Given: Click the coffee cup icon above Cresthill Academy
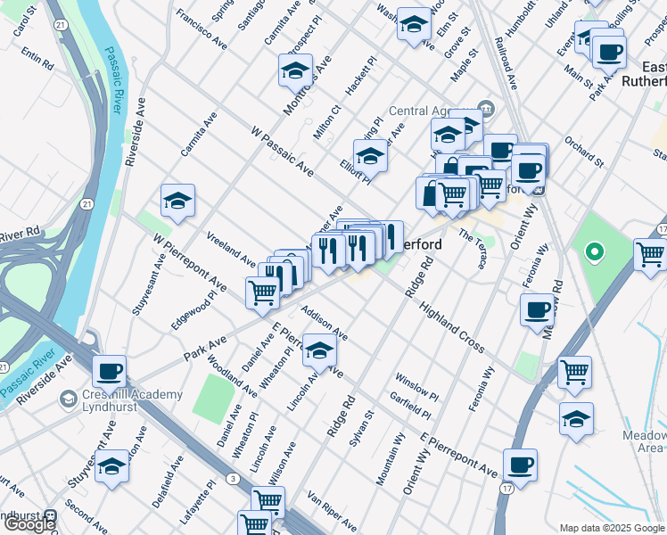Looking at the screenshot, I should [109, 370].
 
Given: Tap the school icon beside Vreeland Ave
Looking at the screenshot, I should [178, 201].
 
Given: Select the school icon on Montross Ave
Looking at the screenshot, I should [296, 70].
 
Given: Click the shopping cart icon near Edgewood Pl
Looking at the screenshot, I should [262, 292].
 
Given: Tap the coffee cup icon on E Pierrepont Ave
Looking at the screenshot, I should [520, 465].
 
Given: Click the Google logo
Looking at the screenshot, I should [29, 524].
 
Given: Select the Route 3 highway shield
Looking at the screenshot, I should [233, 480].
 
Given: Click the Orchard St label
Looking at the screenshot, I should [585, 150].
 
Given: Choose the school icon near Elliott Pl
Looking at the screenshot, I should [370, 156].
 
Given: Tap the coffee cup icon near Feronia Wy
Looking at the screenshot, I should [538, 310].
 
